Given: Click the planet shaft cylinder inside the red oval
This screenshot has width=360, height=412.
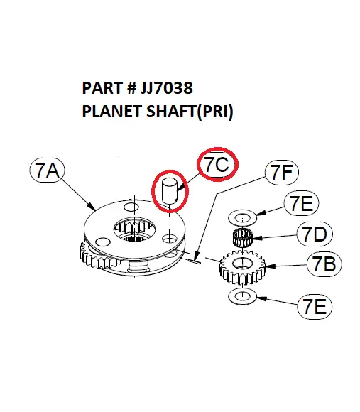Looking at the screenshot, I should pyautogui.click(x=169, y=190).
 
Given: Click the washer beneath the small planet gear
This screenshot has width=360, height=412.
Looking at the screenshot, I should pyautogui.click(x=242, y=295).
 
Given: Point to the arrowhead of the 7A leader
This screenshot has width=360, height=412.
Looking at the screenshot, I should pyautogui.click(x=95, y=208).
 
